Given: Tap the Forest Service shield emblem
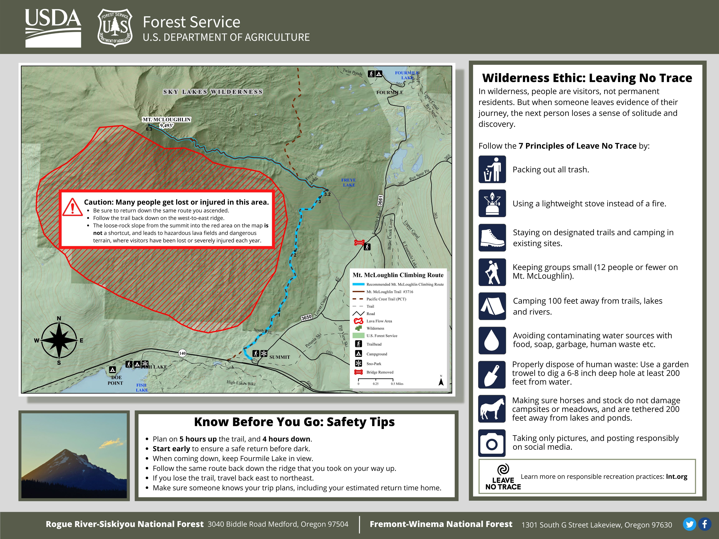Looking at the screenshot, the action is (x=115, y=28).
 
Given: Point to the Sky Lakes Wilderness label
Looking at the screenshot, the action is (x=213, y=92).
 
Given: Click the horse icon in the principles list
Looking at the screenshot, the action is (x=492, y=409).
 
